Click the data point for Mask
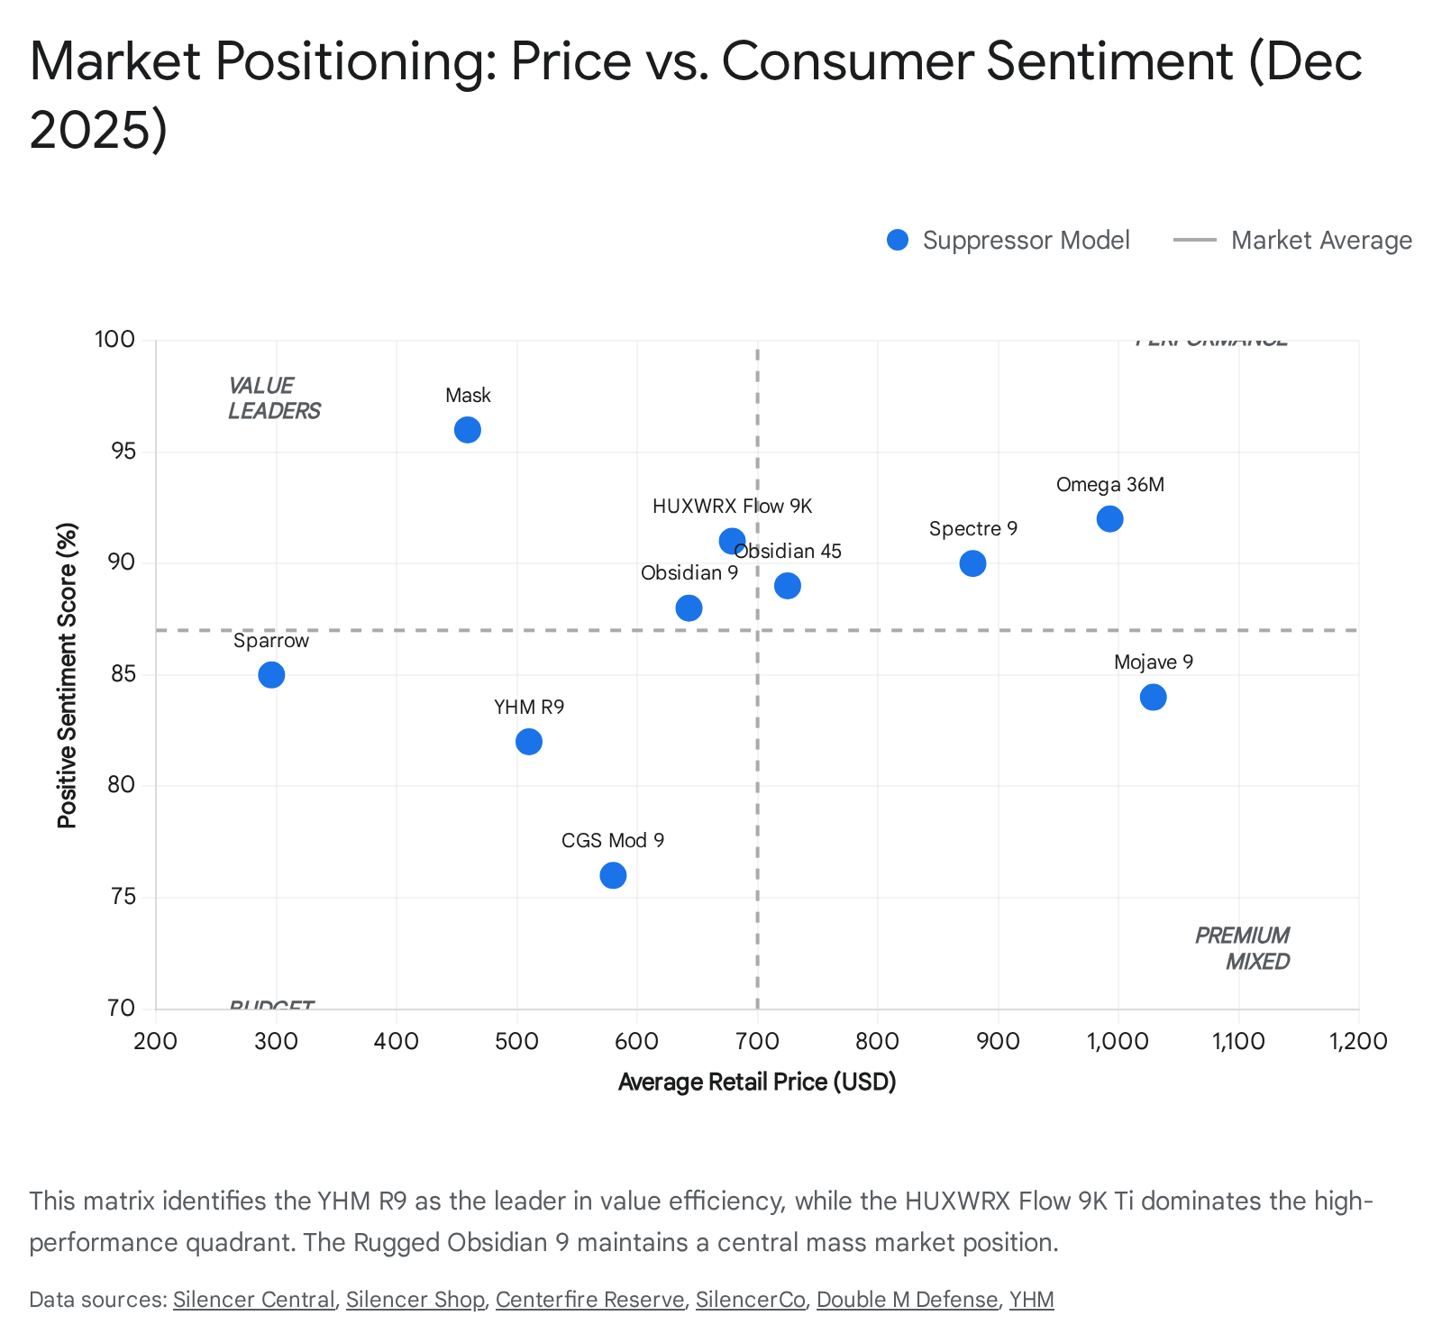click(467, 430)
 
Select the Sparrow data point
click(271, 674)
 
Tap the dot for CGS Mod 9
click(613, 875)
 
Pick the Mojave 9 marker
click(1153, 697)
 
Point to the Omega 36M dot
click(1109, 519)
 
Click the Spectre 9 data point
click(972, 563)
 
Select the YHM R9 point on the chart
click(529, 742)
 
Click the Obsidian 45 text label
click(788, 552)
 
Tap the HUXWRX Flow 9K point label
click(732, 507)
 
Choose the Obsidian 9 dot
click(689, 608)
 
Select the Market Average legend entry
click(1292, 241)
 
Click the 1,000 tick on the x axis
click(1118, 1042)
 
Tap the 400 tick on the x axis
click(397, 1042)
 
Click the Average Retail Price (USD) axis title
click(757, 1082)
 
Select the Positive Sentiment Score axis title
click(68, 675)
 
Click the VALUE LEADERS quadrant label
click(273, 398)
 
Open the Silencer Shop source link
click(415, 1300)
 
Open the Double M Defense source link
click(907, 1300)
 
